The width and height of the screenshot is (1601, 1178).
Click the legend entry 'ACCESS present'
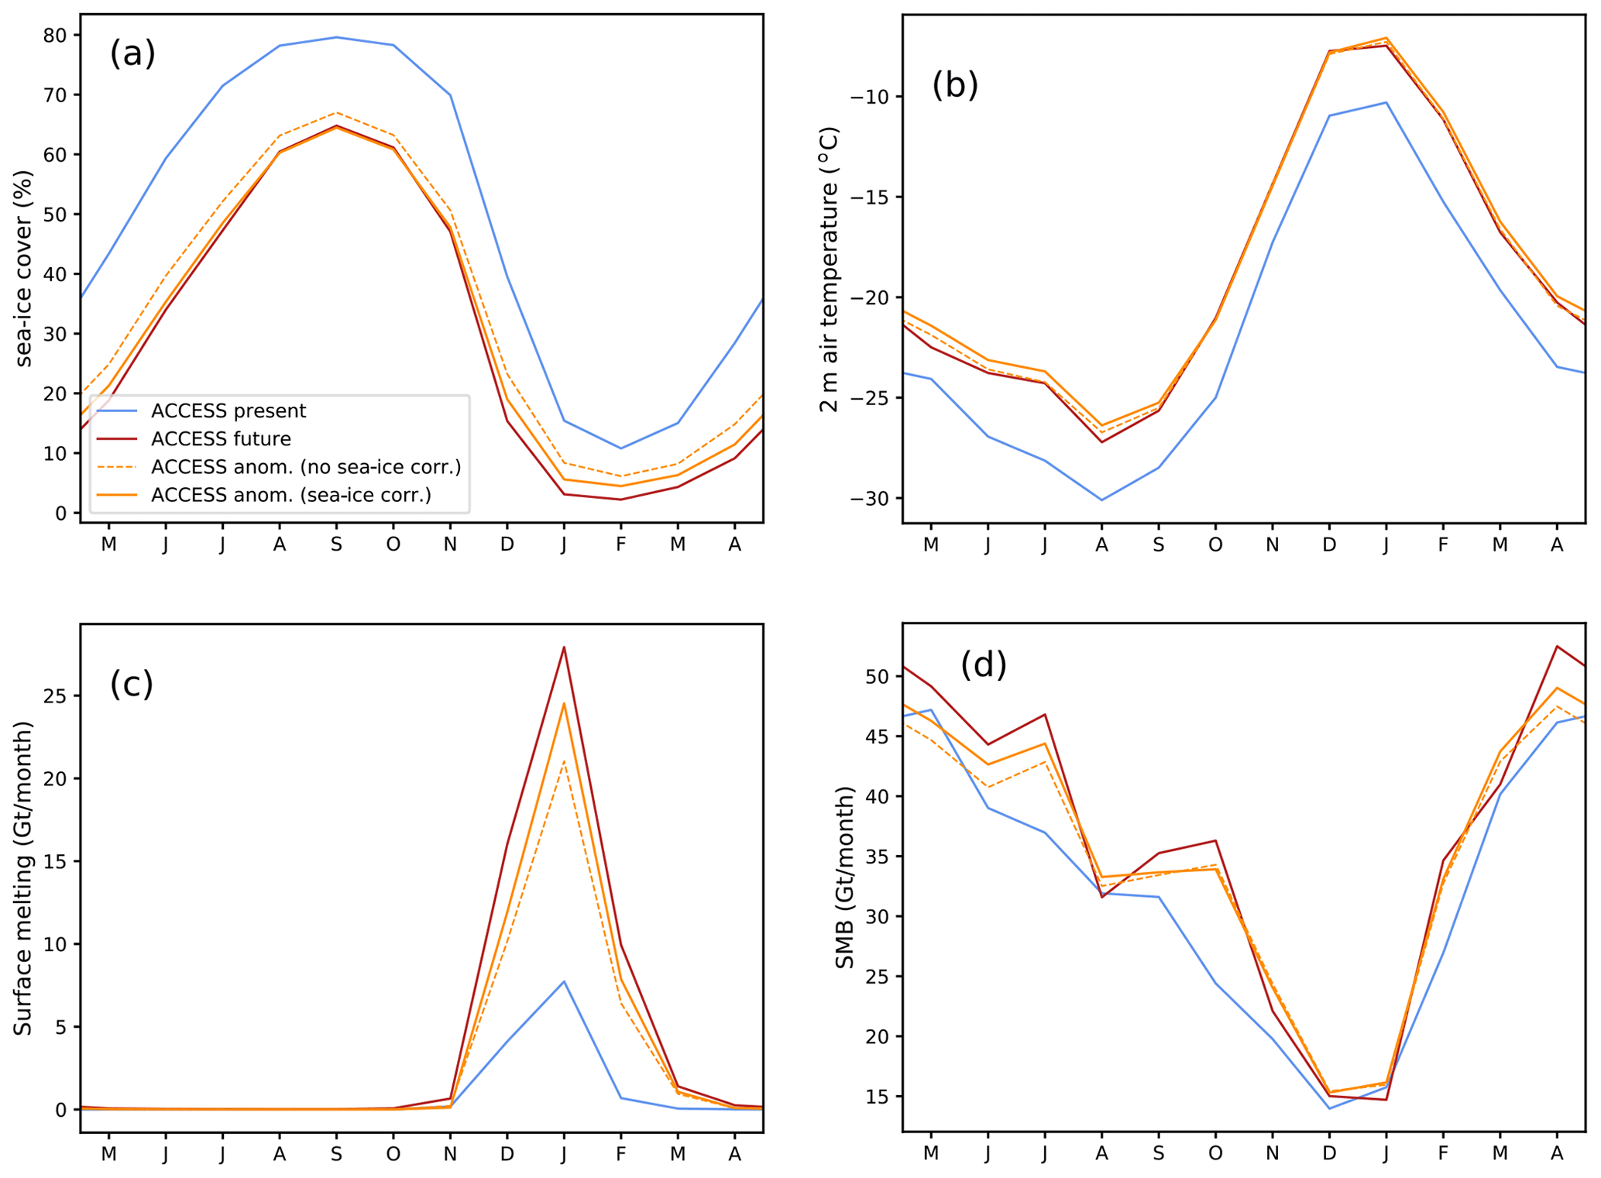pos(228,410)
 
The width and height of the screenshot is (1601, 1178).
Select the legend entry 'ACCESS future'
pos(221,438)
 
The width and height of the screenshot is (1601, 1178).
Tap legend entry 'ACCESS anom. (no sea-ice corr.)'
pos(305,466)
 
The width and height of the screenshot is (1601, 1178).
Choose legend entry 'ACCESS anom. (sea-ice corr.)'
pos(290,494)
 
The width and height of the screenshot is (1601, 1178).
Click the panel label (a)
pos(132,53)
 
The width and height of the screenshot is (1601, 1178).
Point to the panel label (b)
pos(954,84)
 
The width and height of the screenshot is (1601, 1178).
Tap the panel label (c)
pos(132,684)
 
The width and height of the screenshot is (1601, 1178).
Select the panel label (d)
pos(983,665)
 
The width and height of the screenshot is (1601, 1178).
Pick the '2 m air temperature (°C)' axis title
pos(829,270)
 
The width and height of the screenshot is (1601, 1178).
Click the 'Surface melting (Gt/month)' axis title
pos(23,878)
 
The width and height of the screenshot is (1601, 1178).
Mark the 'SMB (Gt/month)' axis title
pos(844,877)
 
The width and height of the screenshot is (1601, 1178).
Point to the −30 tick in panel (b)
pos(871,498)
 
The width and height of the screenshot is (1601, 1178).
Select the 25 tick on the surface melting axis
pos(56,695)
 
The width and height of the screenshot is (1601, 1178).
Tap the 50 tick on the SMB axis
pos(878,676)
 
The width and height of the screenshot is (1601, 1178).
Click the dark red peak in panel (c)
pos(564,647)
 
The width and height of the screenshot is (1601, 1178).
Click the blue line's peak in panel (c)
pos(564,981)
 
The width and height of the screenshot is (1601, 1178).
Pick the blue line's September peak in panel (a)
pos(336,37)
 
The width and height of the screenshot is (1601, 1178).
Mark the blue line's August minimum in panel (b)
pos(1101,500)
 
